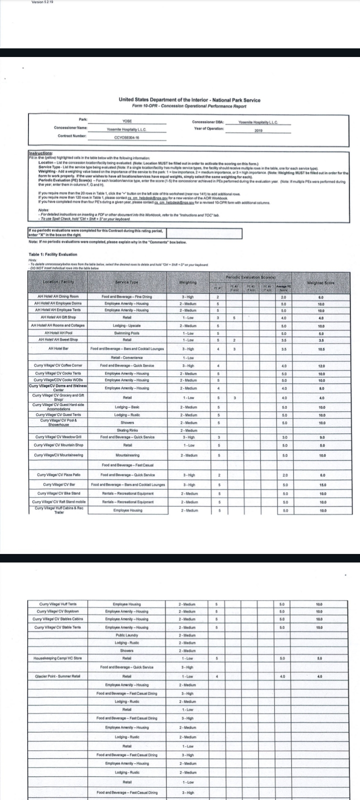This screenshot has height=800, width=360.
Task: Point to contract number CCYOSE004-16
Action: click(x=126, y=136)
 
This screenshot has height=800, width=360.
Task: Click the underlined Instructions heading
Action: click(x=40, y=153)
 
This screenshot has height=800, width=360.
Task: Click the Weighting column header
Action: click(x=188, y=283)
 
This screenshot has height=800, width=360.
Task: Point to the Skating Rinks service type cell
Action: click(x=127, y=430)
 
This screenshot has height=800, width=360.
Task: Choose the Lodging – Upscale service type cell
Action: click(x=127, y=325)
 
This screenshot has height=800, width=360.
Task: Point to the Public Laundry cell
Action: click(x=127, y=635)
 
